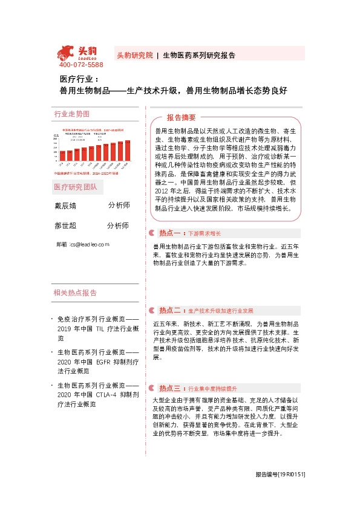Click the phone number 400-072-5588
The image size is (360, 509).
[81, 65]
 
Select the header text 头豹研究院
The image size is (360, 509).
[134, 54]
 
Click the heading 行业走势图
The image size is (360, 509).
[72, 114]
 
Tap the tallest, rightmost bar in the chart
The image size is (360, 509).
[128, 151]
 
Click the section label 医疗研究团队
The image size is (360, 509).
[75, 187]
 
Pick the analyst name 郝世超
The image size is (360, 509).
[65, 225]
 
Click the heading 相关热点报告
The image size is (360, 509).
[75, 293]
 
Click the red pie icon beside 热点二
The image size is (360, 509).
[152, 311]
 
